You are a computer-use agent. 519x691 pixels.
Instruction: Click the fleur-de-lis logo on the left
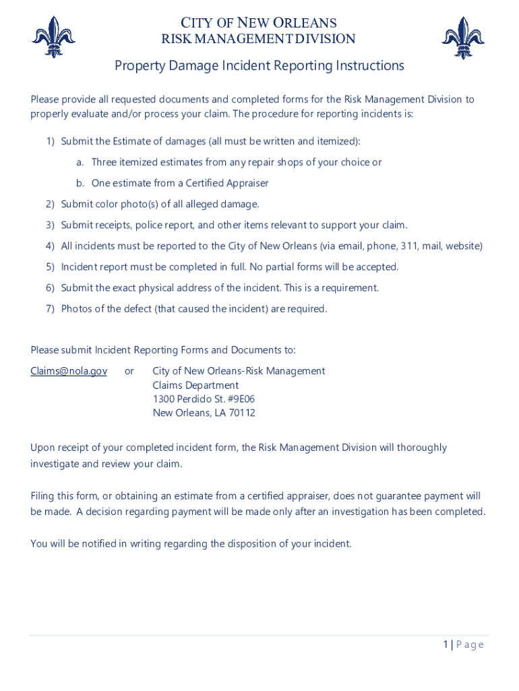(53, 37)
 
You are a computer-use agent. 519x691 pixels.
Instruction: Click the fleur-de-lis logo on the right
(463, 37)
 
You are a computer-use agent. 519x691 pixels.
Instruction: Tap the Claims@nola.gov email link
(69, 371)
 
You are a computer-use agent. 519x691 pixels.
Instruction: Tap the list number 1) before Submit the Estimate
(50, 142)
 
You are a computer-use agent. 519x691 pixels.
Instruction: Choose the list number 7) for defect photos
(50, 309)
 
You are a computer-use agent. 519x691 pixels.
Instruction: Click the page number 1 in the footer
(446, 644)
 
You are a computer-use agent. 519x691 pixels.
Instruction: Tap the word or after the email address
(129, 371)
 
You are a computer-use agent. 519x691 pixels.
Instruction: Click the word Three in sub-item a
(104, 163)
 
